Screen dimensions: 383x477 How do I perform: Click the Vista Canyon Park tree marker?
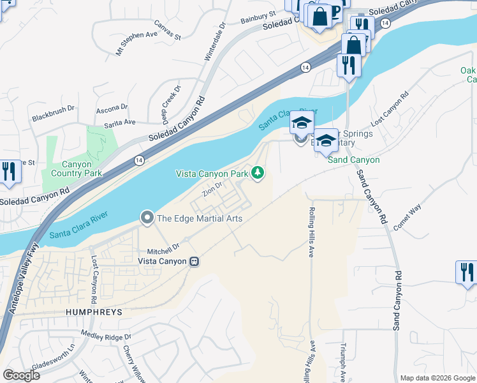(258, 172)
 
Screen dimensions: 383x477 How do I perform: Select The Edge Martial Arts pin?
(147, 218)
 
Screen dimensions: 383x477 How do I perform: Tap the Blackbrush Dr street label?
(53, 114)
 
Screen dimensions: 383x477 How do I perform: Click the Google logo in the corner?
(21, 375)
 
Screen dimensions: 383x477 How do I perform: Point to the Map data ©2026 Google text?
(437, 378)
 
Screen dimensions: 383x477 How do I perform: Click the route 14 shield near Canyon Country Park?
(139, 160)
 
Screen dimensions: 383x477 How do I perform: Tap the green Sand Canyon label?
(353, 160)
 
